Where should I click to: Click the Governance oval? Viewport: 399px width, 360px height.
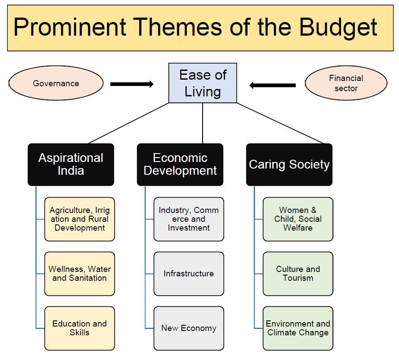click(x=56, y=83)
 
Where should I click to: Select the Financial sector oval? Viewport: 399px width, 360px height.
click(x=346, y=83)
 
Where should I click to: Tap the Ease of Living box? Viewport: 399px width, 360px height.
click(x=203, y=83)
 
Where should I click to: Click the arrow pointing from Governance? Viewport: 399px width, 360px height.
click(x=132, y=84)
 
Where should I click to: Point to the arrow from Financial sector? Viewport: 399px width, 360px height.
click(x=273, y=85)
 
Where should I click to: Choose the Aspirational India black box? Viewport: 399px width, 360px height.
click(x=71, y=165)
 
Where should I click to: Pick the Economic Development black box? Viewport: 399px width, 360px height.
click(x=180, y=165)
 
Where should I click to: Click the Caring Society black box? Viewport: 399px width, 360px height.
click(x=289, y=165)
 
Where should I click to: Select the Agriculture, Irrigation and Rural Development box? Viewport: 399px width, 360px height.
click(x=80, y=219)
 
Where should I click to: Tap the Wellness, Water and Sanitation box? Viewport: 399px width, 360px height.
click(x=80, y=274)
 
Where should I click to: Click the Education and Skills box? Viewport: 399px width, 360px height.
click(x=80, y=328)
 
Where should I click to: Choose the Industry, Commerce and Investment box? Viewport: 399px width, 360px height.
click(x=189, y=219)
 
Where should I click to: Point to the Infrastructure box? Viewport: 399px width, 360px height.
click(x=189, y=274)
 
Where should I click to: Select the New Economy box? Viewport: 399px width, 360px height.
click(x=189, y=328)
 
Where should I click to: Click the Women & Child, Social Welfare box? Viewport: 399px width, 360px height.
click(x=298, y=219)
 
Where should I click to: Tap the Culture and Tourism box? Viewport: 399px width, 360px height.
click(x=298, y=274)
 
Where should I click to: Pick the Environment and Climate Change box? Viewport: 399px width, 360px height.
click(x=298, y=328)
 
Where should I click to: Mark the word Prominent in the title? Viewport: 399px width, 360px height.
click(x=70, y=27)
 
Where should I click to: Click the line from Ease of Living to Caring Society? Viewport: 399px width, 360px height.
click(x=281, y=123)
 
